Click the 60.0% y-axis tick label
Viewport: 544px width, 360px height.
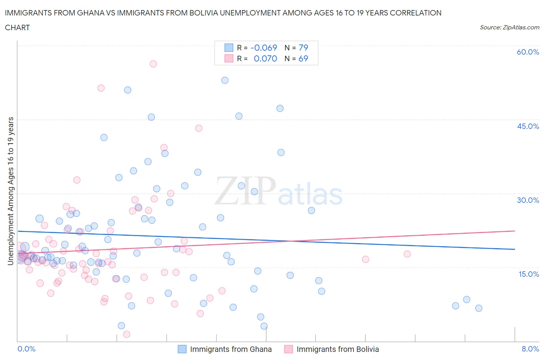click(528, 52)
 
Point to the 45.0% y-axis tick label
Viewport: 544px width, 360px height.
click(528, 126)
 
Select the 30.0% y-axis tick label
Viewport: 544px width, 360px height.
click(528, 200)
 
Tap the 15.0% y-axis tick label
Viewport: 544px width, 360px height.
click(528, 274)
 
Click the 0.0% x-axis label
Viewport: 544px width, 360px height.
click(26, 349)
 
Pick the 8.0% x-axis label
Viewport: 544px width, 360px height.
click(530, 349)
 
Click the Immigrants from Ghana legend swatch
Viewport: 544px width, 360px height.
click(182, 349)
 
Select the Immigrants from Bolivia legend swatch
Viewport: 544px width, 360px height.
click(288, 349)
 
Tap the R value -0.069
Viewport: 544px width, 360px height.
click(264, 48)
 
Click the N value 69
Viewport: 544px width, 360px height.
click(303, 58)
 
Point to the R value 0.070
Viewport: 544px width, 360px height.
click(265, 58)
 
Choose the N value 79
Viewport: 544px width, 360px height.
click(303, 48)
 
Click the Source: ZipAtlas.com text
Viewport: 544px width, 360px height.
click(509, 27)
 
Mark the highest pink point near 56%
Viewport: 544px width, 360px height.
click(153, 64)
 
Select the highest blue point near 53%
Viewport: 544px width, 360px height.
click(225, 81)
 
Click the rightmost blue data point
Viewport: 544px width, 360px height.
click(479, 308)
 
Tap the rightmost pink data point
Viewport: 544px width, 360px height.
click(407, 254)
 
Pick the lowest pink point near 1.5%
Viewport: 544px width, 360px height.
click(127, 334)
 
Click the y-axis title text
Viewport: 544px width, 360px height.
click(11, 191)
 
